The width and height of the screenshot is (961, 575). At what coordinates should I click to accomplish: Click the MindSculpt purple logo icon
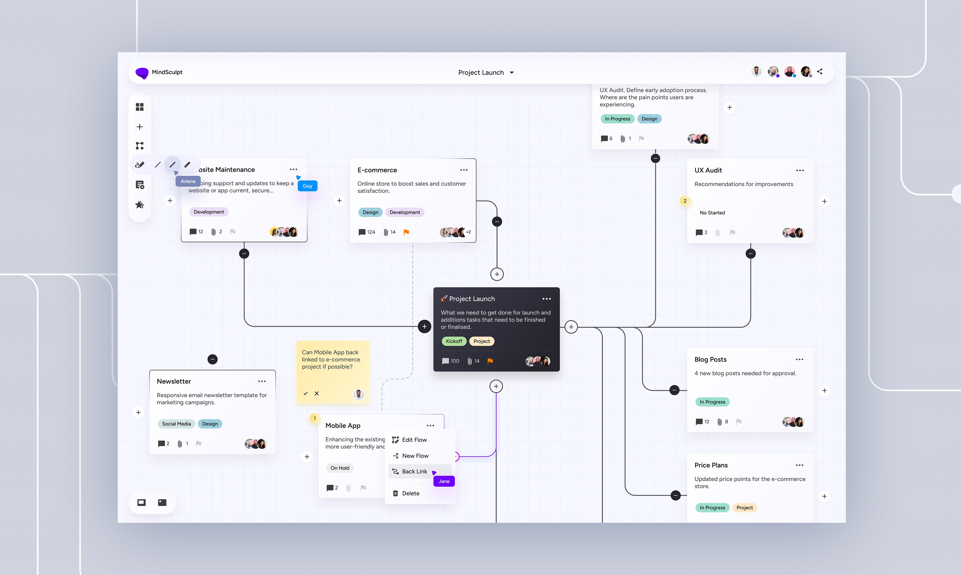point(142,72)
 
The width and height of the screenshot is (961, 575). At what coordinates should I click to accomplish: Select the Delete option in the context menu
point(410,493)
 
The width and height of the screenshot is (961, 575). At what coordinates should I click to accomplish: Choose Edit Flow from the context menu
point(414,440)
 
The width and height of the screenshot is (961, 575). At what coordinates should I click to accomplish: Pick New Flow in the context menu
point(415,456)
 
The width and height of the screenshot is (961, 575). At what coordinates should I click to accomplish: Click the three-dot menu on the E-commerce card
point(464,170)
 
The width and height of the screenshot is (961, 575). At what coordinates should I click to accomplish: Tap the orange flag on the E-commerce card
point(406,232)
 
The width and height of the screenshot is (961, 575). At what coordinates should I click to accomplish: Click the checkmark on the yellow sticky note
point(305,393)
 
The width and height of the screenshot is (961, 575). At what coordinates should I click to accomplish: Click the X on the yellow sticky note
point(316,393)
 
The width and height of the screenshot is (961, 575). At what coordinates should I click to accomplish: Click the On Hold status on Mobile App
point(340,468)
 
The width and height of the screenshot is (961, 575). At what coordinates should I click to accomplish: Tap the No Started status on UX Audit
point(712,213)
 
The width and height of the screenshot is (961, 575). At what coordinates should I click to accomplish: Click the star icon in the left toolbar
point(140,205)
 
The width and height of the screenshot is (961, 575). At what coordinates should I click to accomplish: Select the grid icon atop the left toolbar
point(140,107)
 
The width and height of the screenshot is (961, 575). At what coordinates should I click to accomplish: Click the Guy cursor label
point(307,186)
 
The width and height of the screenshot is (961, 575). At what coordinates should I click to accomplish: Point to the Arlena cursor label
point(188,181)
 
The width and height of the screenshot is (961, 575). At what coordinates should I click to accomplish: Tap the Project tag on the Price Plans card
point(744,508)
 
